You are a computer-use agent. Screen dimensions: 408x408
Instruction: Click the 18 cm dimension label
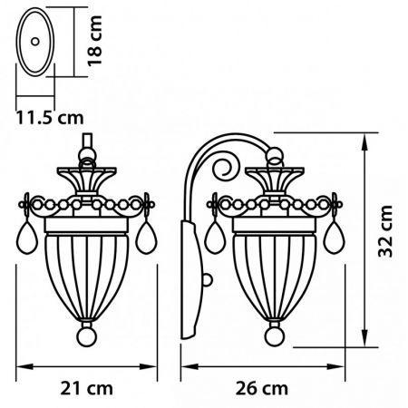94,41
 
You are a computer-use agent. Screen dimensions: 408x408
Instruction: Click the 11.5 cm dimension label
50,118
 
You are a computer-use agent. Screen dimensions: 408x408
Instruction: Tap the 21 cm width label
86,388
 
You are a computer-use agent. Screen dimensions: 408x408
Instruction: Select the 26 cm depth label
262,388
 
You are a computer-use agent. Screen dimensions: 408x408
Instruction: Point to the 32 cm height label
385,231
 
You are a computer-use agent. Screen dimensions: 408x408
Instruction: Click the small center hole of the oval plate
35,42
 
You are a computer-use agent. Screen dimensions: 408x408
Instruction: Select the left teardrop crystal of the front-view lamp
27,238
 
